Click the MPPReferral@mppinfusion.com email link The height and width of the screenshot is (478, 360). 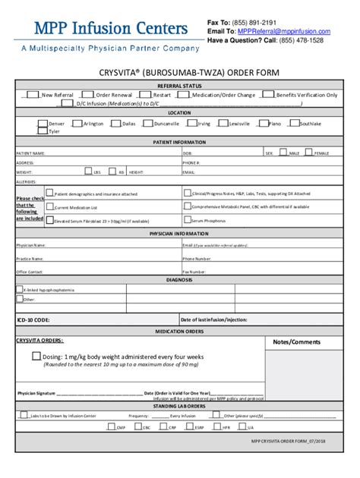pyautogui.click(x=280, y=32)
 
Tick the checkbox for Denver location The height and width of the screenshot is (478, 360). pyautogui.click(x=43, y=122)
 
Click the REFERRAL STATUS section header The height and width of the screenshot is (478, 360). pyautogui.click(x=179, y=86)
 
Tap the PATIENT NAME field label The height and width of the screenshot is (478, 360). pyautogui.click(x=31, y=153)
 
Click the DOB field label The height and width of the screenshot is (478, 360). pyautogui.click(x=188, y=153)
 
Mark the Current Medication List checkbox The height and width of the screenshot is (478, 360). pyautogui.click(x=50, y=206)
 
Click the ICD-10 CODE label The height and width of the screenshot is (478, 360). pyautogui.click(x=33, y=320)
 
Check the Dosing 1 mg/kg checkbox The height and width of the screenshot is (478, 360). pyautogui.click(x=36, y=356)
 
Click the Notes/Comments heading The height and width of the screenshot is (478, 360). pyautogui.click(x=296, y=342)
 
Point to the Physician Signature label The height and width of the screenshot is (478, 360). pyautogui.click(x=36, y=393)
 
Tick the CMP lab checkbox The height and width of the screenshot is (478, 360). pyautogui.click(x=112, y=427)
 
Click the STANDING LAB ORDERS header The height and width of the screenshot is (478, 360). pyautogui.click(x=179, y=406)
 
